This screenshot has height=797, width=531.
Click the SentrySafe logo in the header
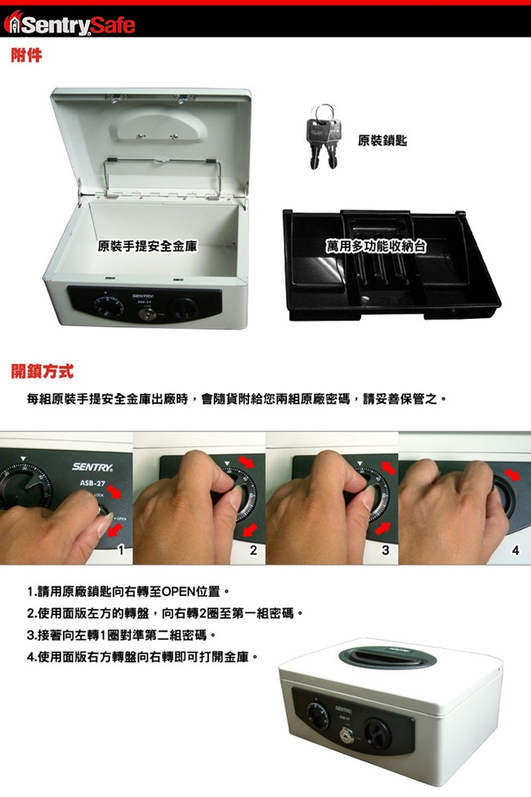click(69, 24)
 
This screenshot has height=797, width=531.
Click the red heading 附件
click(26, 55)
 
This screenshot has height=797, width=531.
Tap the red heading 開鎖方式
click(42, 372)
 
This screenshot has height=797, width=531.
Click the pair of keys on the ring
click(324, 137)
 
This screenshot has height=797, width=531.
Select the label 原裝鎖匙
click(382, 141)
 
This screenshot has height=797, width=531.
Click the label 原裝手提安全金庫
click(147, 247)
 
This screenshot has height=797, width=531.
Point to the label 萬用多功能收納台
click(376, 247)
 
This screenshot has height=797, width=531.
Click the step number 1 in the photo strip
click(121, 550)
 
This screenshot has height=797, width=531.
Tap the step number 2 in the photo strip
click(253, 550)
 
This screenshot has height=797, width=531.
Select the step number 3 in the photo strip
click(386, 550)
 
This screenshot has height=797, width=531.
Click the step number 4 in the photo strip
click(515, 550)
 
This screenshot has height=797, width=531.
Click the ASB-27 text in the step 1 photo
click(92, 483)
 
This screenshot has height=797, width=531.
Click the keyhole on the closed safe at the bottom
click(347, 734)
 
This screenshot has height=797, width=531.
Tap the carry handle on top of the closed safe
click(387, 657)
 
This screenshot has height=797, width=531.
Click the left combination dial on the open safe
click(108, 306)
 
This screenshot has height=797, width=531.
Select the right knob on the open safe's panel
click(184, 308)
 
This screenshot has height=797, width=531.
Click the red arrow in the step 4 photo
click(513, 475)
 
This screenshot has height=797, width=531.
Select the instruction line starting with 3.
click(122, 635)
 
